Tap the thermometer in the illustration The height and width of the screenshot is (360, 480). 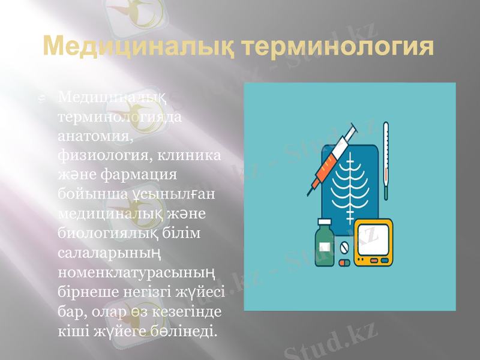[x=386, y=159]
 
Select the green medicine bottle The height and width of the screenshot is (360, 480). [x=325, y=244]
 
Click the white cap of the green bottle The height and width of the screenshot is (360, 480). [x=325, y=224]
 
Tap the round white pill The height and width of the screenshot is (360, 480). [x=344, y=247]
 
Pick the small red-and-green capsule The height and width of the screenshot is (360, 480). [x=344, y=263]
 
